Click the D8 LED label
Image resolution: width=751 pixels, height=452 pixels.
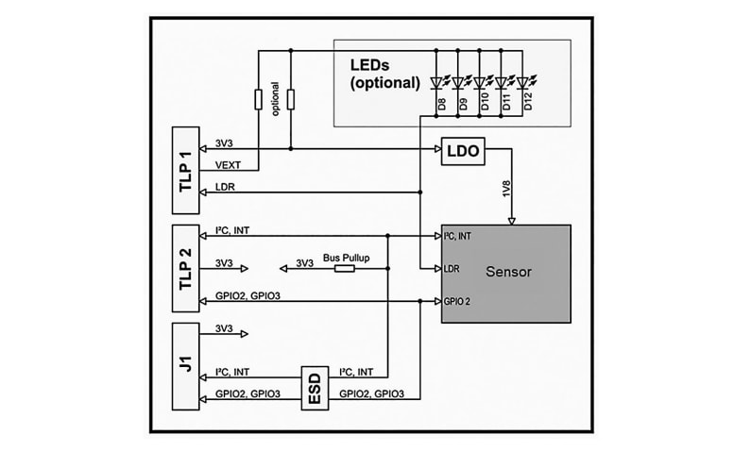[x=440, y=102]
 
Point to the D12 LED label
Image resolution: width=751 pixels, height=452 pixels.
[x=528, y=102]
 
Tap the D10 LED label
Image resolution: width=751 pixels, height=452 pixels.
[x=484, y=102]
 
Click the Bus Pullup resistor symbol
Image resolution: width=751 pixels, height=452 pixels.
[x=344, y=268]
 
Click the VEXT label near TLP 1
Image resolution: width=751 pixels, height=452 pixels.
[x=229, y=164]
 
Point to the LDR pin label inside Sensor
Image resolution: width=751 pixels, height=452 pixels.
[x=452, y=269]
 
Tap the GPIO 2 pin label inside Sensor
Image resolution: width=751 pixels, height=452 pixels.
[x=459, y=302]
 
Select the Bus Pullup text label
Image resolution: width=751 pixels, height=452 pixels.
[x=345, y=256]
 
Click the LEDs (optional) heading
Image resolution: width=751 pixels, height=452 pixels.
[x=384, y=71]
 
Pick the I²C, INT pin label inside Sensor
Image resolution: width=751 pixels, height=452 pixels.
[x=462, y=235]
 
